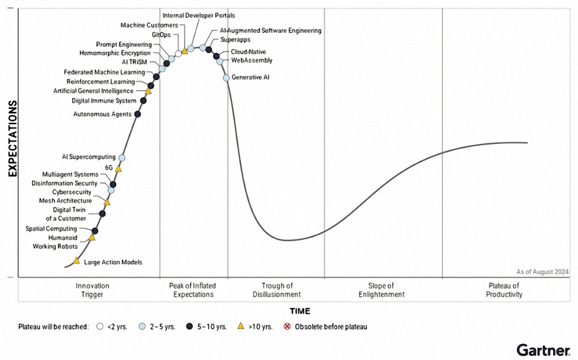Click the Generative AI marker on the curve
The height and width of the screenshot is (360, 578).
[x=226, y=77]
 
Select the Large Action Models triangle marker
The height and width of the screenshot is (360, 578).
[x=77, y=261]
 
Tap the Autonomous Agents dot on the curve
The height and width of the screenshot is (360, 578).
[x=138, y=114]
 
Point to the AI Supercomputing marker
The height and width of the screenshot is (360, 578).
[x=122, y=157]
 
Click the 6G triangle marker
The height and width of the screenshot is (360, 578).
[x=119, y=168]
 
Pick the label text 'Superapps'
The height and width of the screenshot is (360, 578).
[x=235, y=40]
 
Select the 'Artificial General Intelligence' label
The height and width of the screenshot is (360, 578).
[x=94, y=91]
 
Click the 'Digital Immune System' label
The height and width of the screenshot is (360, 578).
[x=104, y=101]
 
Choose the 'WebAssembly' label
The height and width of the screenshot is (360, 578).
[x=252, y=60]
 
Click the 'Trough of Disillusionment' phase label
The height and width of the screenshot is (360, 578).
[x=277, y=290]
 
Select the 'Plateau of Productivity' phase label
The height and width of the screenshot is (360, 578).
[x=505, y=290]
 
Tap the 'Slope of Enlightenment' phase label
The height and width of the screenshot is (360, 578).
[x=381, y=290]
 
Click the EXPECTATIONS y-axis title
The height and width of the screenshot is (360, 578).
[x=12, y=139]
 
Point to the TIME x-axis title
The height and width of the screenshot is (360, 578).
[x=300, y=311]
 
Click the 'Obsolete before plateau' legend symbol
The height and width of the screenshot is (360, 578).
[x=287, y=327]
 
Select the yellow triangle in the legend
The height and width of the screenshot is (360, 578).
[x=240, y=326]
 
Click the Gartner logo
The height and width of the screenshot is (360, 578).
[x=542, y=349]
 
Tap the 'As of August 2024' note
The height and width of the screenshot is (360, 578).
[x=542, y=271]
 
